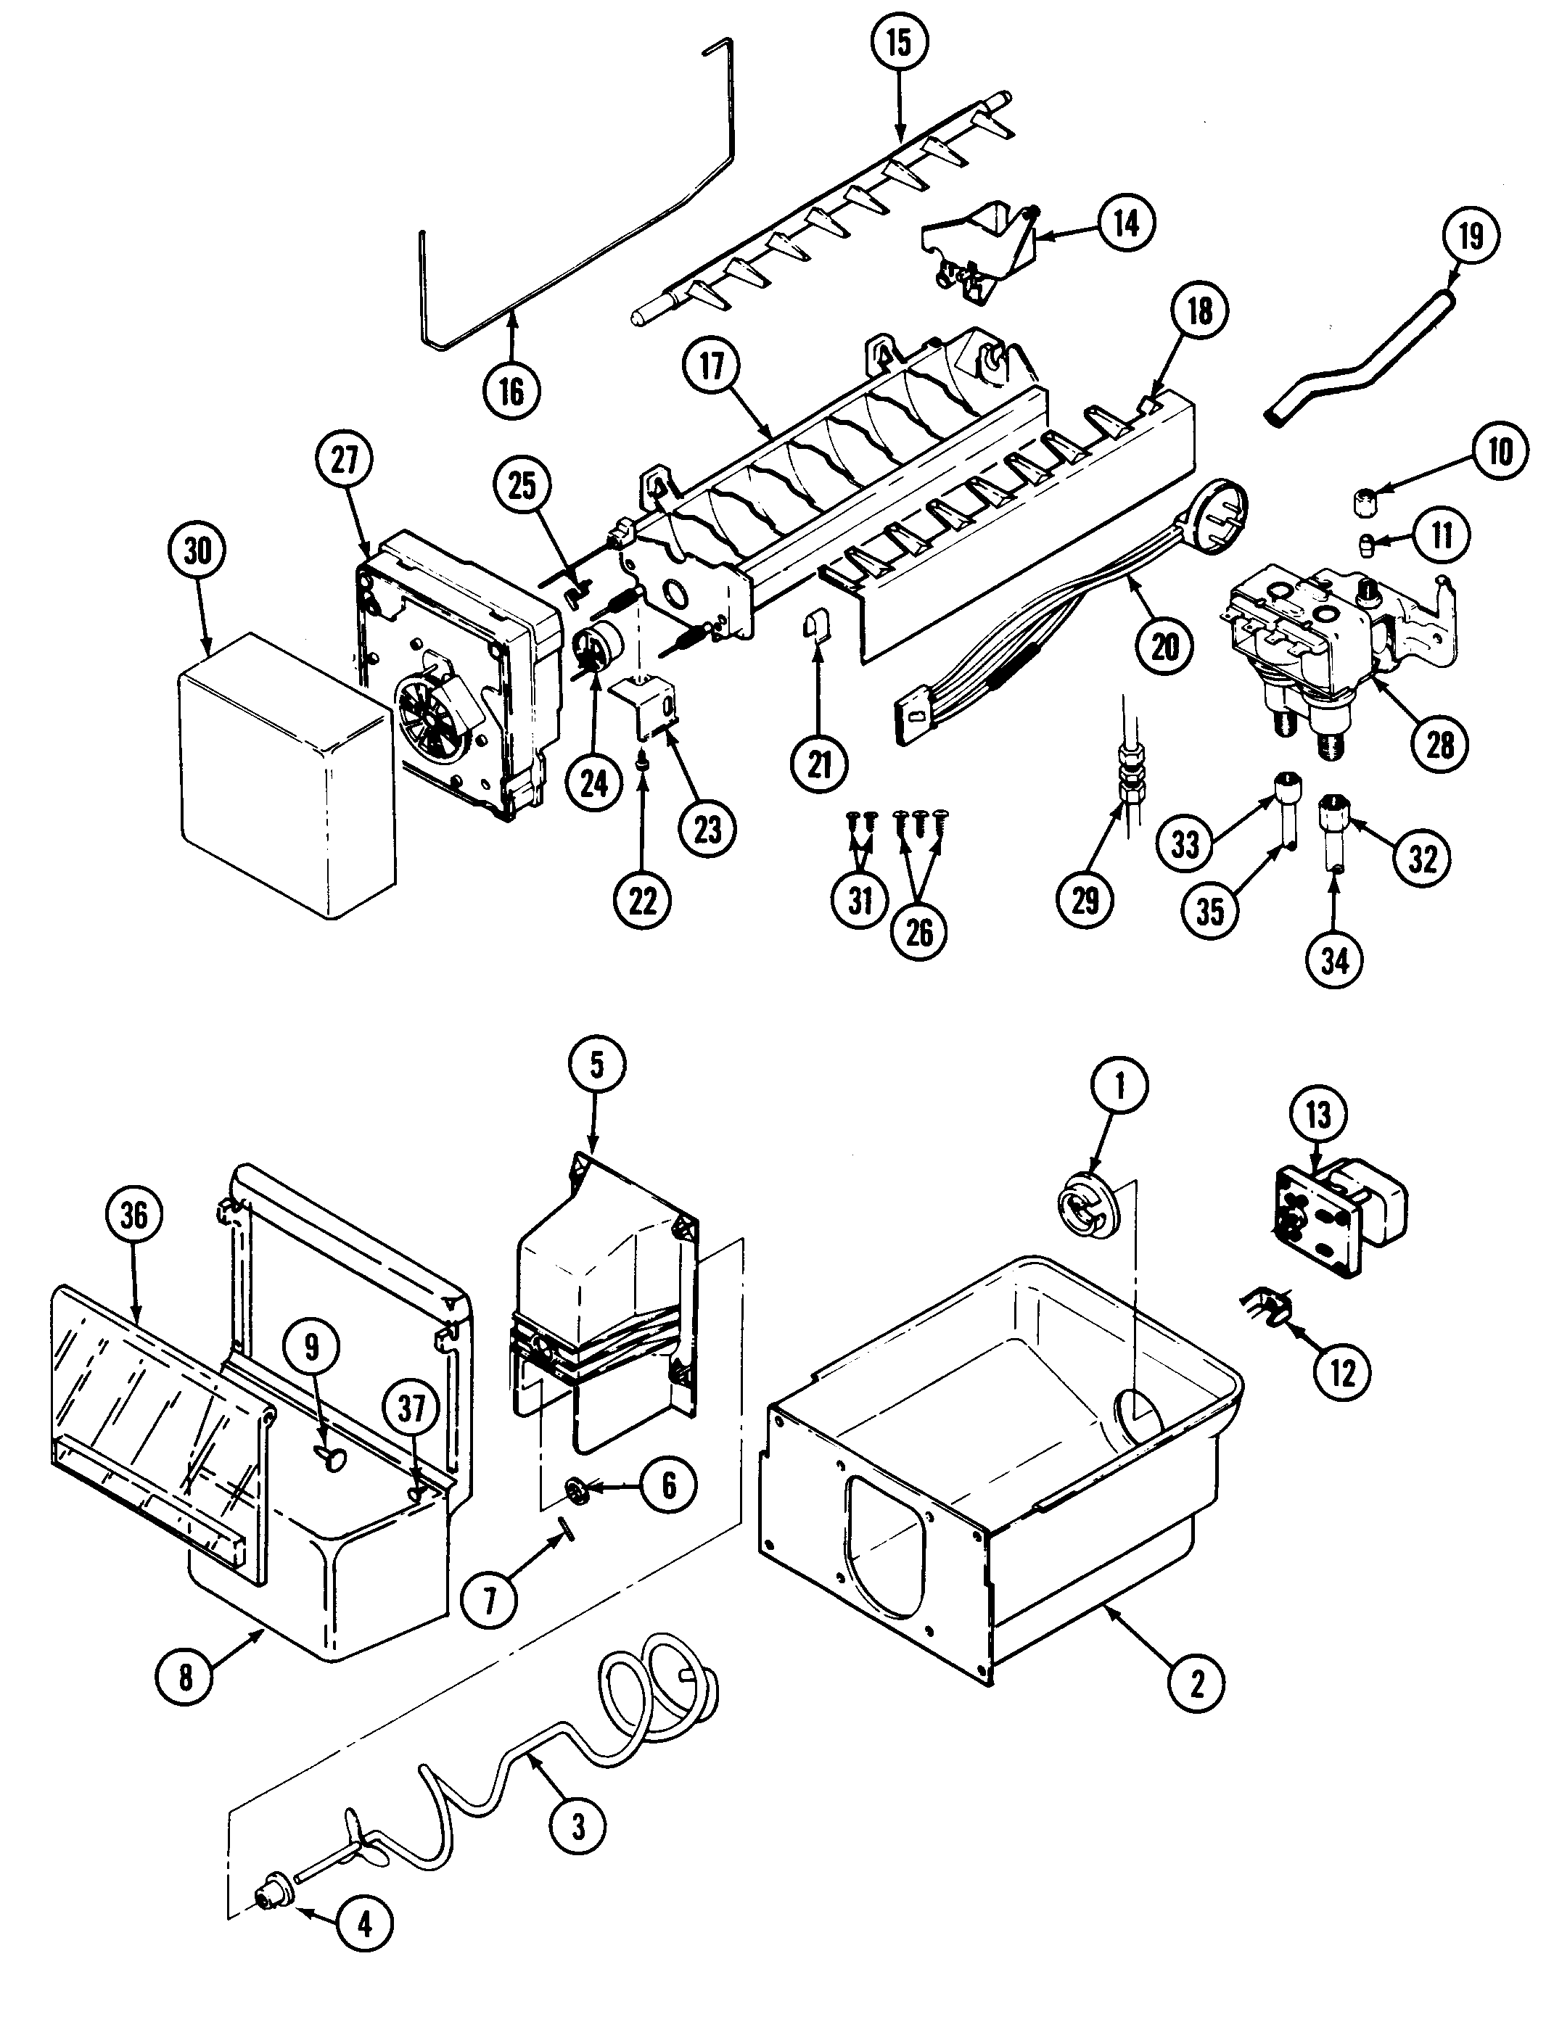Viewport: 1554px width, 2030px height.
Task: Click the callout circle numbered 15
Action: pyautogui.click(x=899, y=44)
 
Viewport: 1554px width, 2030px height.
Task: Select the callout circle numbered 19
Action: pyautogui.click(x=1471, y=236)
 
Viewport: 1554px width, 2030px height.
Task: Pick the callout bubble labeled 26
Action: pyautogui.click(x=918, y=931)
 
